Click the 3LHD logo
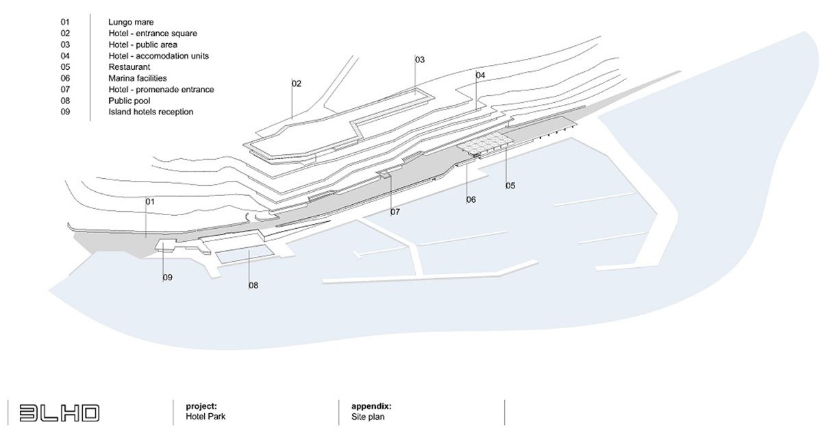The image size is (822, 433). pos(60,412)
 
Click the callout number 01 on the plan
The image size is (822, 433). pos(150,202)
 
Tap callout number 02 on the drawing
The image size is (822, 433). pos(297,84)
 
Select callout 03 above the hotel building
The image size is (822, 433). pos(420,60)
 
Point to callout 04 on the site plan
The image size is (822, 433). pos(480,75)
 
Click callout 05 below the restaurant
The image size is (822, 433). pos(510,186)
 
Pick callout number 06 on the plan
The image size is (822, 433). pos(471,200)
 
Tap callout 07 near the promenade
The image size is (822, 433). pos(395,212)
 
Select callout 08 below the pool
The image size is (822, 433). pos(253,285)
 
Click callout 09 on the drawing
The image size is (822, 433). pos(167,277)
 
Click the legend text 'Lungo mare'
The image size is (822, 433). pos(131,23)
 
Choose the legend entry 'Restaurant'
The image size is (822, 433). pos(129,67)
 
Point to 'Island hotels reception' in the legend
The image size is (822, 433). pos(151,112)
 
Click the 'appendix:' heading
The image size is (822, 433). pos(371,406)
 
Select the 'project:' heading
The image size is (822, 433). pos(201,406)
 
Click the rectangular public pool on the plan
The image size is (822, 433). pos(246,254)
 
